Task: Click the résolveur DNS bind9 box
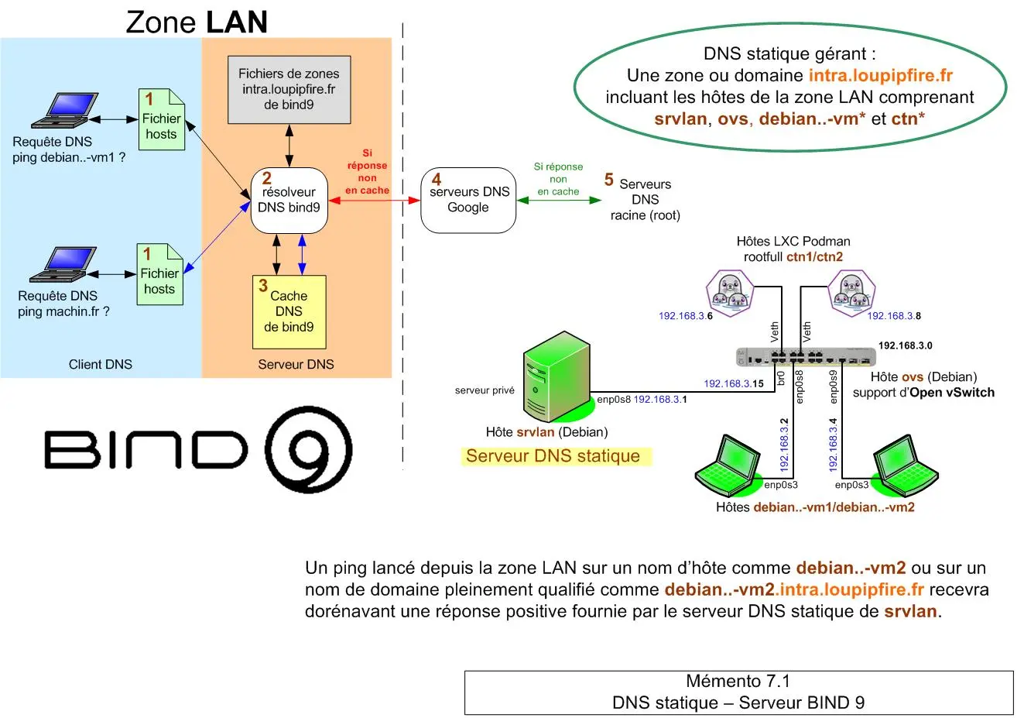(289, 201)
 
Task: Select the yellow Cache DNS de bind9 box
(289, 311)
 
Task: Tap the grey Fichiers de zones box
(289, 89)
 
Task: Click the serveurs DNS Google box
(468, 201)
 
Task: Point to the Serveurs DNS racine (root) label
(645, 200)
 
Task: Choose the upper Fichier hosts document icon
(161, 119)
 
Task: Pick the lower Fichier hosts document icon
(159, 274)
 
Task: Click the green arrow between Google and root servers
(558, 201)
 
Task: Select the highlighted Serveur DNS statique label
(553, 456)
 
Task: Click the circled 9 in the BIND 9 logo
(308, 449)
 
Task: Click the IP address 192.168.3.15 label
(733, 383)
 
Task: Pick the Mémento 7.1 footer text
(738, 682)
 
